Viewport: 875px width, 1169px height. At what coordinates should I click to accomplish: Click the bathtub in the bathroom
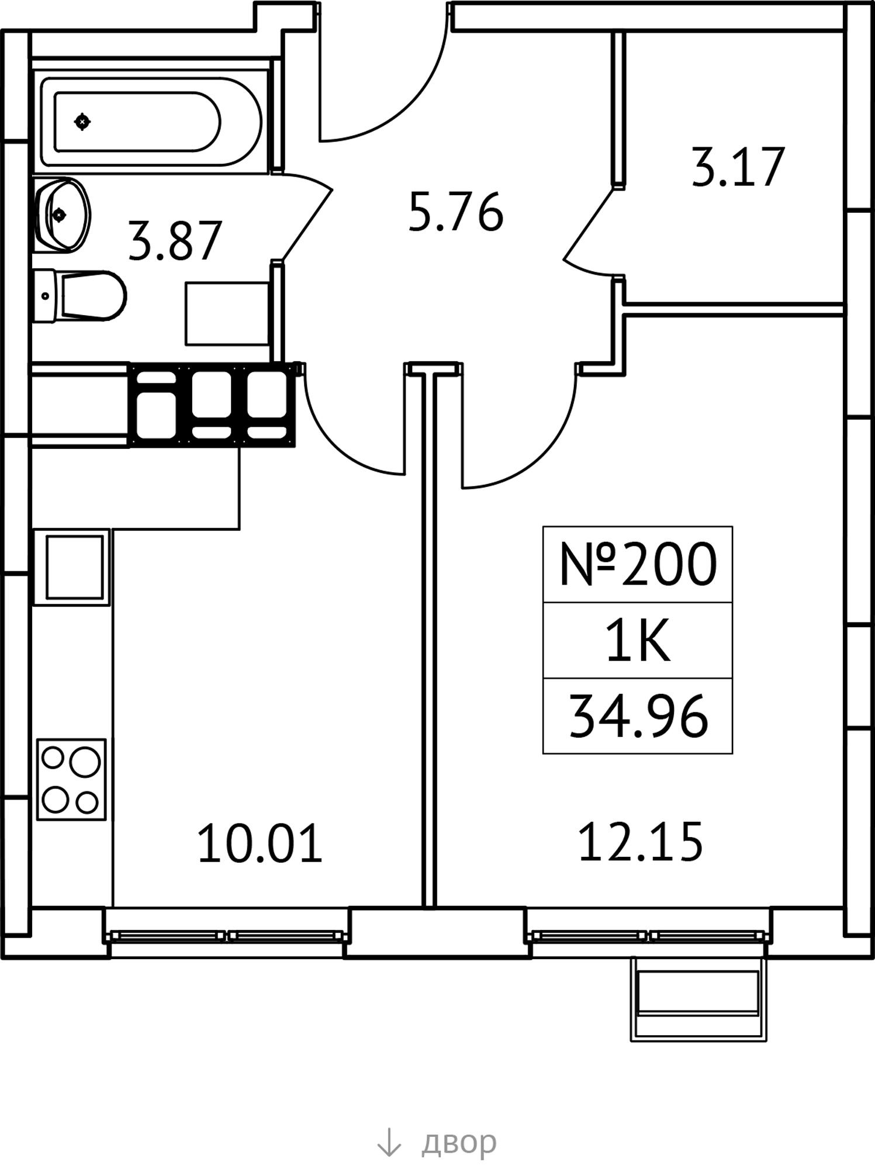pos(151,122)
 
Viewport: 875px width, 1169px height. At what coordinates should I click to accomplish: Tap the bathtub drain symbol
pos(82,122)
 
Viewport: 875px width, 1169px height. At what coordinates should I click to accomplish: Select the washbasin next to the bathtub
pos(62,215)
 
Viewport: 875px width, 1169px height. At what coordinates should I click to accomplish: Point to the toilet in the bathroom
pos(79,295)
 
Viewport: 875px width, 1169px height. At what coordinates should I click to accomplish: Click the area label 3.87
pos(175,241)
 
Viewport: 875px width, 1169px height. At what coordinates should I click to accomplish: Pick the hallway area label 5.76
pos(455,212)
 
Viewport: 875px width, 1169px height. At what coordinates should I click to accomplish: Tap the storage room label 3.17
pos(737,167)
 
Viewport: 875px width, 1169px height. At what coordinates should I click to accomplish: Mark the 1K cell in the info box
pos(638,641)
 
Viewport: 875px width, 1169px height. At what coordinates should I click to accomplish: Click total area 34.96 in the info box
pos(638,717)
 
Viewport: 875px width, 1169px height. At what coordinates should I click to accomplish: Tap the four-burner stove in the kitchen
pos(71,779)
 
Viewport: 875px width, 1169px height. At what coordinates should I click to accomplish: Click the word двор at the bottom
pos(459,1142)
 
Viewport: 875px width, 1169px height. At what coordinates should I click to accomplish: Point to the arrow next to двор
pos(389,1142)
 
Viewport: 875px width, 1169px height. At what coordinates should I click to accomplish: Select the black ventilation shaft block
pos(212,404)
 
